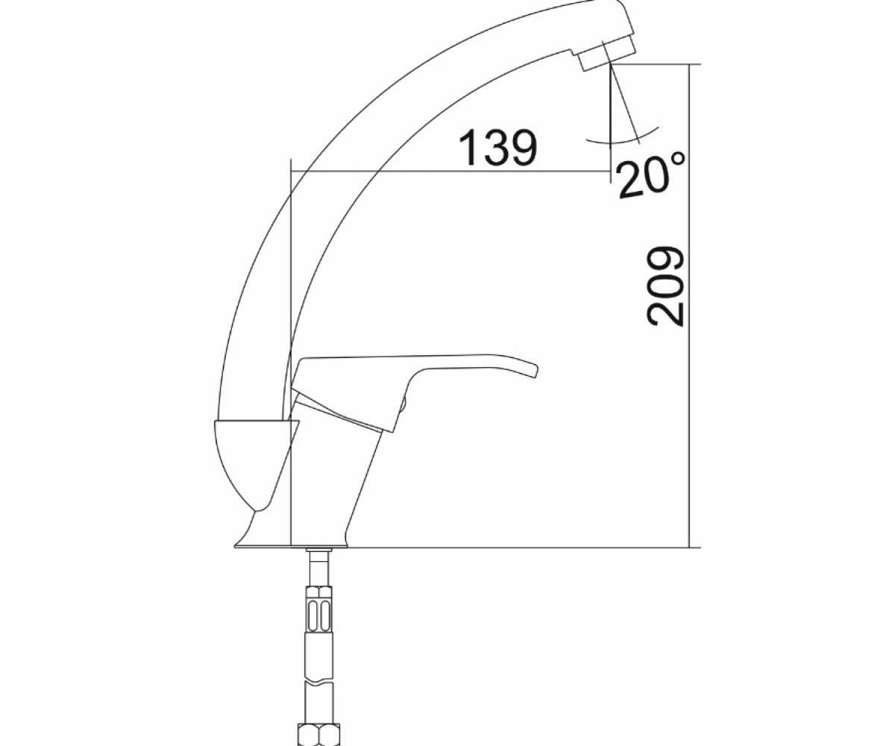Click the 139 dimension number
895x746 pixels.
point(497,147)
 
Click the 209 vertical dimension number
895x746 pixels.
point(666,286)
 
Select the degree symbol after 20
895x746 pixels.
point(678,159)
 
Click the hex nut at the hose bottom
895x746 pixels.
point(318,734)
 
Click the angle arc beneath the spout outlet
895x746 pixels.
point(621,138)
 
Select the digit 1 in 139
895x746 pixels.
point(468,147)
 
